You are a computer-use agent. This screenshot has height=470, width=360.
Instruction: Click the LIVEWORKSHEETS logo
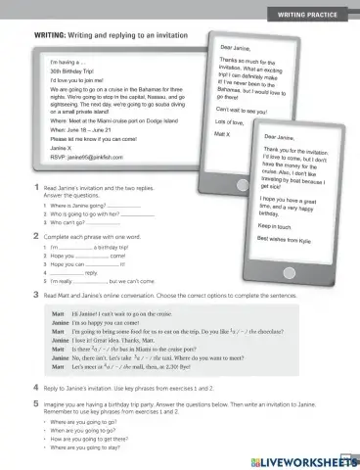304,459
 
